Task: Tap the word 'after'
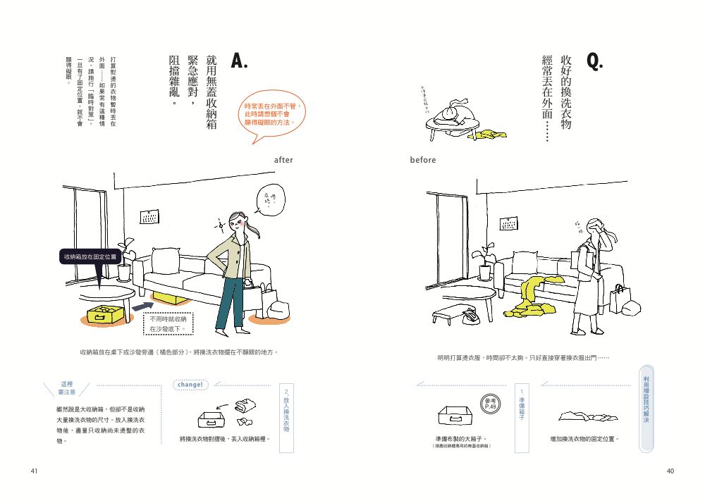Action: tap(283, 161)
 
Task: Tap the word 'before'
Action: tap(423, 161)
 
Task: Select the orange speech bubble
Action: tap(274, 116)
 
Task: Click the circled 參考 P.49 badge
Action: tap(491, 403)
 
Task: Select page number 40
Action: tap(670, 471)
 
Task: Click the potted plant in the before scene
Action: tap(484, 265)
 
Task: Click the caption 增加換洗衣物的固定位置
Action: tap(584, 439)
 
